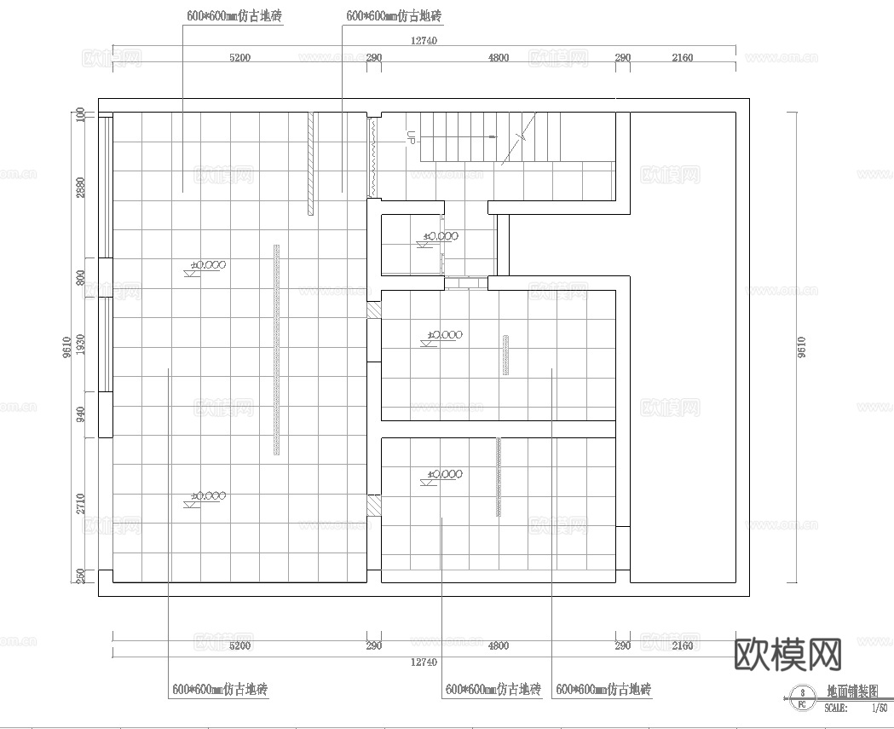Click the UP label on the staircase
coord(411,136)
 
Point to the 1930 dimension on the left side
coord(80,344)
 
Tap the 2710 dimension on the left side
coord(80,503)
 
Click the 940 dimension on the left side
coord(80,414)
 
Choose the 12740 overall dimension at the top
coord(424,40)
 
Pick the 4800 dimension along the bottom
coord(498,646)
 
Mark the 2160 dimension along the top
coord(682,58)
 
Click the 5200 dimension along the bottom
coord(239,646)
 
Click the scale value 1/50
coord(878,707)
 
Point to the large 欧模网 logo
coord(787,654)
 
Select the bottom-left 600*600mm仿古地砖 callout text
coord(220,689)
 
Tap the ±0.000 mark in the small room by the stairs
coord(441,236)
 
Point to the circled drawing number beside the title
coord(801,698)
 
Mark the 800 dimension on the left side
coord(80,277)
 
